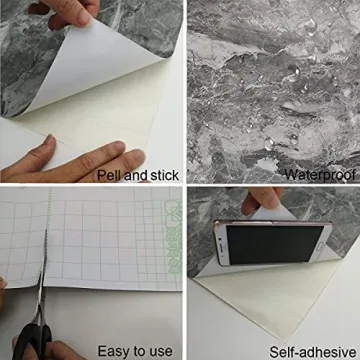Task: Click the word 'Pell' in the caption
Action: tap(108, 175)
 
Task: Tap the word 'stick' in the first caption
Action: tap(164, 175)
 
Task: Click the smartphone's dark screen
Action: tap(272, 240)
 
